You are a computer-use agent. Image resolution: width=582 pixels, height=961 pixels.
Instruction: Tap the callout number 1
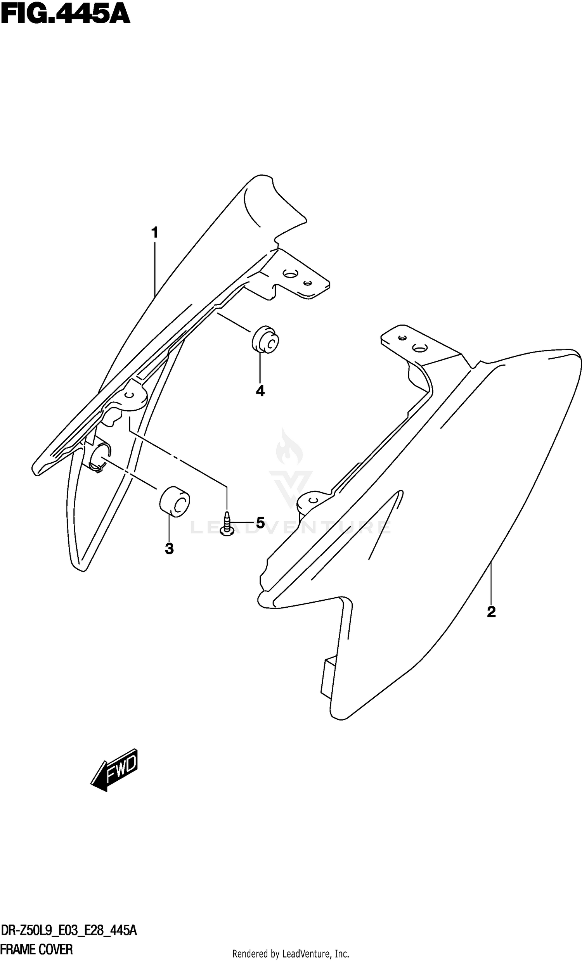coord(155,233)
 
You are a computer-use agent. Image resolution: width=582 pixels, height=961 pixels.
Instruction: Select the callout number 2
coord(491,612)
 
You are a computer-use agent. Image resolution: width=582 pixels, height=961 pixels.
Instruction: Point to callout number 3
coord(169,549)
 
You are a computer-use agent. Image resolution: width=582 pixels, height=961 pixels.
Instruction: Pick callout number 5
coord(260,523)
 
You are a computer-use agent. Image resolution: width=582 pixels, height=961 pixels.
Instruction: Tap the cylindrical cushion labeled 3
coord(174,501)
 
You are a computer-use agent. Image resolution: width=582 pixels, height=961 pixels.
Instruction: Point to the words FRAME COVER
coord(37,949)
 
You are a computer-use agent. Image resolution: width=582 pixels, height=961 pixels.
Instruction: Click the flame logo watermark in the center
coord(289,449)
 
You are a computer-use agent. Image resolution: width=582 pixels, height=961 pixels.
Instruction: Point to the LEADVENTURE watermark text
coord(291,528)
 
